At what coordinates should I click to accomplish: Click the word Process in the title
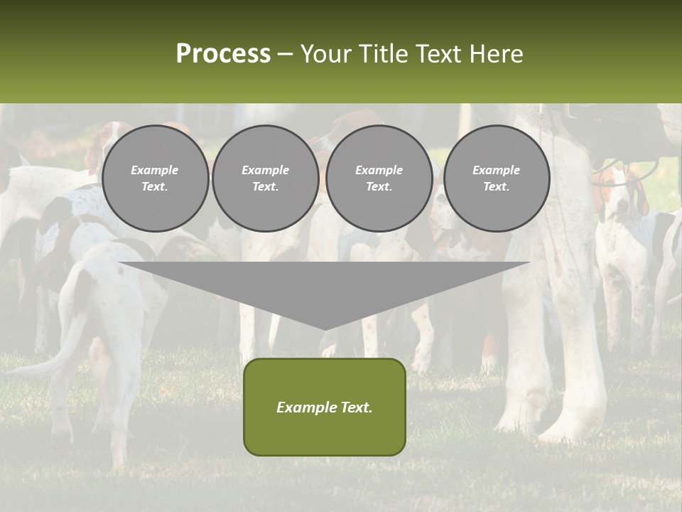click(x=223, y=54)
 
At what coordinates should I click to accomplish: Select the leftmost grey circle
click(x=155, y=178)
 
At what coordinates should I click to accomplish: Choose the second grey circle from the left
click(x=265, y=178)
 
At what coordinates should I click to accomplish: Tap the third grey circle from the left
click(x=379, y=178)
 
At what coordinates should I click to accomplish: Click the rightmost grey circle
click(x=496, y=178)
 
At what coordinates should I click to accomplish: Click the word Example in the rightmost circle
click(x=496, y=170)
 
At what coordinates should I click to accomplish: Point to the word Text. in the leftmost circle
click(x=155, y=187)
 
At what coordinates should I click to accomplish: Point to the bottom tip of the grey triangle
click(x=325, y=328)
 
